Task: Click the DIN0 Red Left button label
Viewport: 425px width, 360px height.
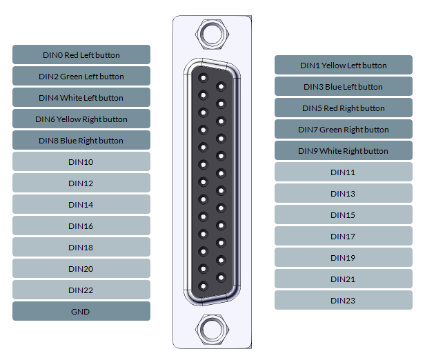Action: tap(81, 54)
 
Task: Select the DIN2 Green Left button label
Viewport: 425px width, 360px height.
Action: tap(81, 76)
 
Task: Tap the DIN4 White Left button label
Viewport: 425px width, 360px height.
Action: tap(81, 97)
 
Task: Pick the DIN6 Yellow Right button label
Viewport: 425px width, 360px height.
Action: tap(81, 119)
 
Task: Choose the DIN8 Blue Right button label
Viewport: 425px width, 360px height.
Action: tap(81, 140)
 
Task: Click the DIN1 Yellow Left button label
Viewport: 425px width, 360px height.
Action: tap(343, 66)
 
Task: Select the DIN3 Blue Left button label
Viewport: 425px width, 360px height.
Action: tap(343, 87)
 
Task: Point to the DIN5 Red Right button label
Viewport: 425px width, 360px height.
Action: tap(343, 108)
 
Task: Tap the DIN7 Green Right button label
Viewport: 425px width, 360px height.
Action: tap(343, 130)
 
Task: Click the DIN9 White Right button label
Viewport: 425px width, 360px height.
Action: tap(343, 151)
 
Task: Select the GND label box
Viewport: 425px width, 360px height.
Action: tap(81, 311)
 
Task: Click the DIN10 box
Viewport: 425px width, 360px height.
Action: tap(81, 161)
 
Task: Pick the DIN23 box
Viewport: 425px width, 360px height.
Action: tap(343, 300)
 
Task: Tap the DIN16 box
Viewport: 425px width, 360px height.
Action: tap(81, 226)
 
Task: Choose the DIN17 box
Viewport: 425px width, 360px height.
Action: tap(343, 236)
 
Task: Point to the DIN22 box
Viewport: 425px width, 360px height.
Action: tap(81, 290)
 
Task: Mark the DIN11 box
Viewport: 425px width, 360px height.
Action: tap(343, 172)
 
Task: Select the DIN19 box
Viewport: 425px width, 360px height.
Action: tap(343, 257)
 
